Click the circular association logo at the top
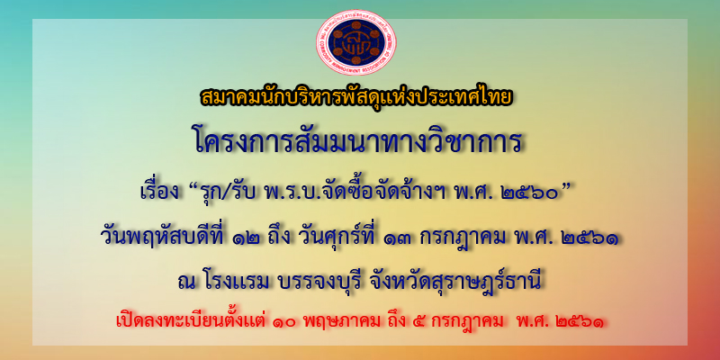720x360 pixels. pyautogui.click(x=356, y=42)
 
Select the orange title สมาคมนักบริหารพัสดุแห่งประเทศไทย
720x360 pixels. pyautogui.click(x=356, y=98)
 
